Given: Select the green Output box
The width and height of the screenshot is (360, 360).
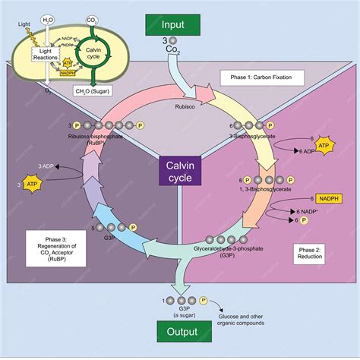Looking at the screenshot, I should point(179,332).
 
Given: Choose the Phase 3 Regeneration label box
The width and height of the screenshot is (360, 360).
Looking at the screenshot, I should point(51,248).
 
